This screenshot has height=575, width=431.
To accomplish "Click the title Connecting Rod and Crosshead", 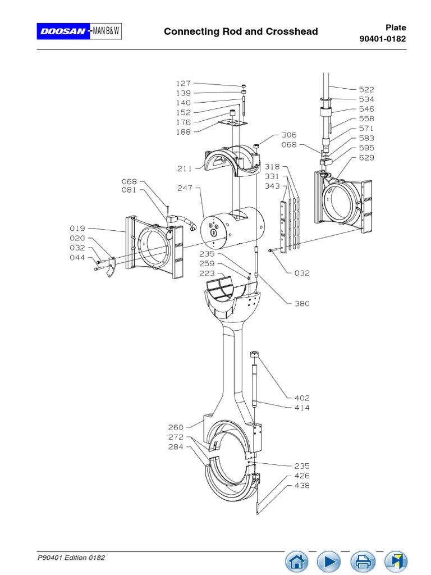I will (241, 31).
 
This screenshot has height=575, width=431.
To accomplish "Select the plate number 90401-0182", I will (382, 39).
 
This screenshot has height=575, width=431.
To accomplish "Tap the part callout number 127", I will (184, 84).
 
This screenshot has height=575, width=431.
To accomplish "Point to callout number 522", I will (366, 89).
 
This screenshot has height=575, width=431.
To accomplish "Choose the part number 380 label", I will (302, 304).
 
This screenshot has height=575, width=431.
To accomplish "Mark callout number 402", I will (302, 398).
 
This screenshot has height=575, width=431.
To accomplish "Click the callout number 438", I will (302, 486).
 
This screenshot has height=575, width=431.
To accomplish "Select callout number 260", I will (176, 427).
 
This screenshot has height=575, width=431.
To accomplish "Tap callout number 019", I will (77, 229).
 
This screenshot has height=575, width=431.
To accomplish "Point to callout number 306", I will (289, 135).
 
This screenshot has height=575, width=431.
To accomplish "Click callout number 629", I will (366, 158).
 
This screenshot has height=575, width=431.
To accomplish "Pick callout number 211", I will (185, 168).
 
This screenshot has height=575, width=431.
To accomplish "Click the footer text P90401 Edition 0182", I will (71, 558).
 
